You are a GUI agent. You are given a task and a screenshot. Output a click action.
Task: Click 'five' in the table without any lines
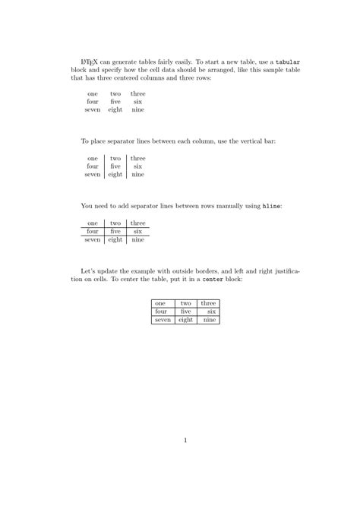pyautogui.click(x=115, y=101)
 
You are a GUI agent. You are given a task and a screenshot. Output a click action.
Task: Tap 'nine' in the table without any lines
pyautogui.click(x=137, y=109)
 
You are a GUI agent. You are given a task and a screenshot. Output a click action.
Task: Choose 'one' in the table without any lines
pyautogui.click(x=93, y=93)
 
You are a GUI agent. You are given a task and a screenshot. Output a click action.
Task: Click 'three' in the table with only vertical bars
pyautogui.click(x=137, y=158)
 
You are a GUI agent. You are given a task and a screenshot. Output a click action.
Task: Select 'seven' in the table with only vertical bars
pyautogui.click(x=93, y=174)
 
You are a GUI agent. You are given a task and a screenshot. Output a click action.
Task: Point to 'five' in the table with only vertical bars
pyautogui.click(x=115, y=166)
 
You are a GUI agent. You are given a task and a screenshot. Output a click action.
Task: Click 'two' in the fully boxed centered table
pyautogui.click(x=185, y=303)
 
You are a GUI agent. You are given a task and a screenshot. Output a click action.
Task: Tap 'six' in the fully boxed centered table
pyautogui.click(x=212, y=311)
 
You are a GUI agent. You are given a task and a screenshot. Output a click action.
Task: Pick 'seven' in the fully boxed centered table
pyautogui.click(x=163, y=320)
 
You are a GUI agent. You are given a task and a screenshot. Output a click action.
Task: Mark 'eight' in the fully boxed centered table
pyautogui.click(x=185, y=320)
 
